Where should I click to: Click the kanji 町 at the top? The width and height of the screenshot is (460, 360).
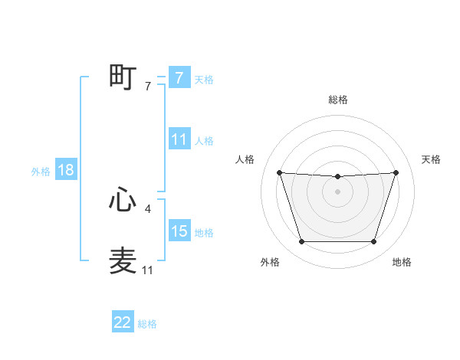pos(123,77)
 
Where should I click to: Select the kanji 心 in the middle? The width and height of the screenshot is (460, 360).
pos(123,200)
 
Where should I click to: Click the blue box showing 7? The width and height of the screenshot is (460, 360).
pos(179,77)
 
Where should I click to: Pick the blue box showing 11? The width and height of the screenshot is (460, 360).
pos(179,139)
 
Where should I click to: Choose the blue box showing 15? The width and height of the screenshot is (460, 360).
pos(179,231)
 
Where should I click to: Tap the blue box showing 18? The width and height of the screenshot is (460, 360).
pos(66,170)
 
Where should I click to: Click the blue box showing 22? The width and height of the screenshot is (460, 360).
pos(123,322)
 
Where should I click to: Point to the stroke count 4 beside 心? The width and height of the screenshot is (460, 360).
pos(147,208)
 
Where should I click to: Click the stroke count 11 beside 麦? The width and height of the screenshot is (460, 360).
pos(147,270)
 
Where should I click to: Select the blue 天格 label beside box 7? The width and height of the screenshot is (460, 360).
pos(204,80)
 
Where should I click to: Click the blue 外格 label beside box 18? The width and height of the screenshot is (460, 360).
pos(41,172)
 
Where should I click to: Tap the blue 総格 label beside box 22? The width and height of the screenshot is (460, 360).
pos(147,324)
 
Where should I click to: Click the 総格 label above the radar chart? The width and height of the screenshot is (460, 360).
pos(337,100)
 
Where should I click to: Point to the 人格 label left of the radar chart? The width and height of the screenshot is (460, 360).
pos(245,159)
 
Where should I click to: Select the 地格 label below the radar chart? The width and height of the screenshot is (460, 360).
pos(402,262)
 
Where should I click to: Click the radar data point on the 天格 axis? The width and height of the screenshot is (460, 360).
pos(396,172)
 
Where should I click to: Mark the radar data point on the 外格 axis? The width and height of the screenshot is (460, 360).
pos(301,242)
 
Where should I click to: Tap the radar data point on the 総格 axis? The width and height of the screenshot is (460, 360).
pos(337,177)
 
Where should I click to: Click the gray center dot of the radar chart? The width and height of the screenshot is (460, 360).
pos(337,191)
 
